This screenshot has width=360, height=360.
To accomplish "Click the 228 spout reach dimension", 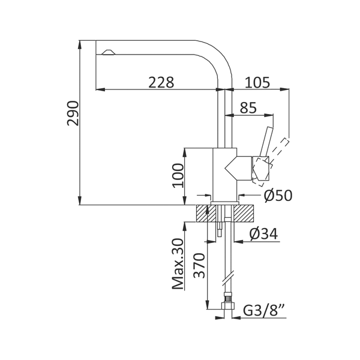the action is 161,82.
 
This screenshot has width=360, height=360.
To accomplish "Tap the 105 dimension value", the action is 257,82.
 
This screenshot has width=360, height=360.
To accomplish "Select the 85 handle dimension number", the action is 248,107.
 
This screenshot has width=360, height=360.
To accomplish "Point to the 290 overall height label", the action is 73,113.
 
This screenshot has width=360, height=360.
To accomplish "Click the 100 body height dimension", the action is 178,176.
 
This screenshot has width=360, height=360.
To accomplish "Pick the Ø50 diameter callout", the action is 278,196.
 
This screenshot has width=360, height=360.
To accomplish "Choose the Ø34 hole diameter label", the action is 263,234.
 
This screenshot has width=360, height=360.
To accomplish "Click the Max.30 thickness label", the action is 178,264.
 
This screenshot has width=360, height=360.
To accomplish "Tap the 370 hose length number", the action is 199,266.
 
